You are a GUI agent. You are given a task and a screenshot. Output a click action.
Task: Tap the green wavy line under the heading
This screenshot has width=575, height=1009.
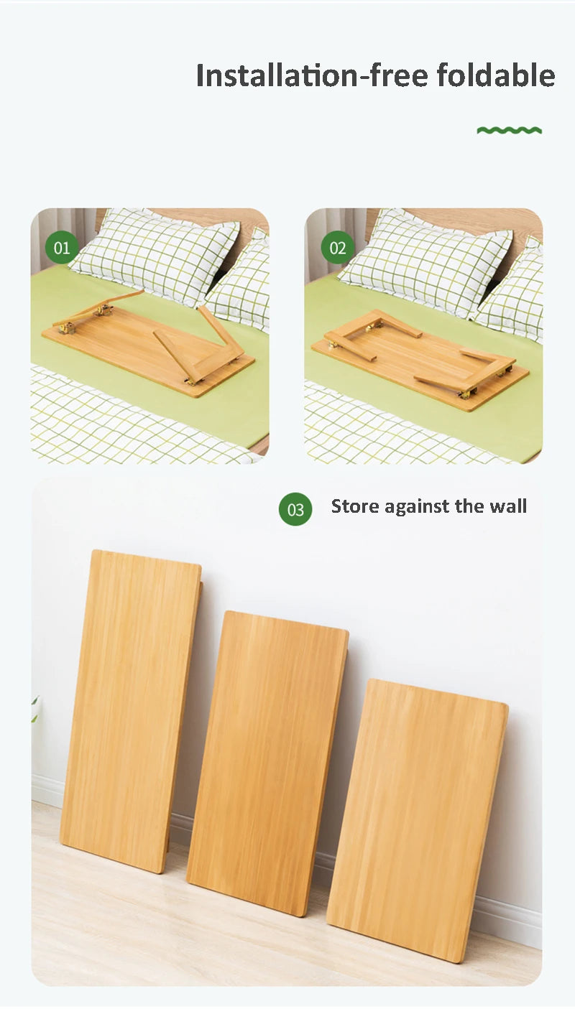[x=509, y=130]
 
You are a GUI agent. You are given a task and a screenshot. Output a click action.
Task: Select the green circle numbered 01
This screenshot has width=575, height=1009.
[x=62, y=248]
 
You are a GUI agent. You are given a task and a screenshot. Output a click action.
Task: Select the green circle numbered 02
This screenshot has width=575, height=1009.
[x=337, y=248]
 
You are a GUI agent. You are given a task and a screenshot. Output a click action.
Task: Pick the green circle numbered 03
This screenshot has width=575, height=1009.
[x=295, y=509]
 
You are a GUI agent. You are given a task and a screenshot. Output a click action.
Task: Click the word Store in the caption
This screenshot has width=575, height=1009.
[x=355, y=506]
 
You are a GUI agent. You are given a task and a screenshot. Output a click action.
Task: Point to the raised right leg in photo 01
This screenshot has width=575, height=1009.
[x=219, y=332]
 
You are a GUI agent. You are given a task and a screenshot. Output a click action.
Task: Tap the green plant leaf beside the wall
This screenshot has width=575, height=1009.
[x=34, y=708]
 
